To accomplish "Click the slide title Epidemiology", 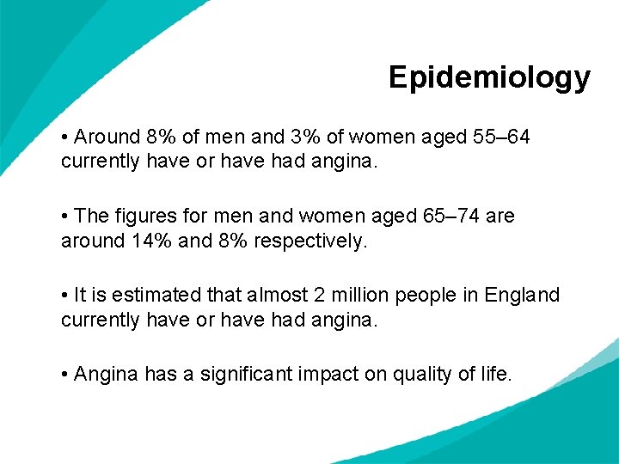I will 489,78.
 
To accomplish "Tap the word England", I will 522,295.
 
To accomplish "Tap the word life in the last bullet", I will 494,374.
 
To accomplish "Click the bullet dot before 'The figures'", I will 65,217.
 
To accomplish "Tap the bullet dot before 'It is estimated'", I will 65,296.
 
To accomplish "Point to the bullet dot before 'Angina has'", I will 65,375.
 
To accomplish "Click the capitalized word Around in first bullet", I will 107,137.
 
